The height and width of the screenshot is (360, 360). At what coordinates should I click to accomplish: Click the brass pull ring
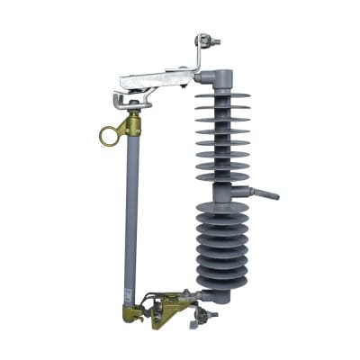(109, 137)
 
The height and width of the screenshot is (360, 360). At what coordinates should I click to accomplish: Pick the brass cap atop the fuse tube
(134, 124)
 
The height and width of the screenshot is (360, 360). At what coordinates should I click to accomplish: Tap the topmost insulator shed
(221, 90)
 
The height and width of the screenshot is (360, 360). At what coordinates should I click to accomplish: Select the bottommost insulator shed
(221, 286)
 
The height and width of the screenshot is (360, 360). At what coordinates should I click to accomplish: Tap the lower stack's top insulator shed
(221, 209)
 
